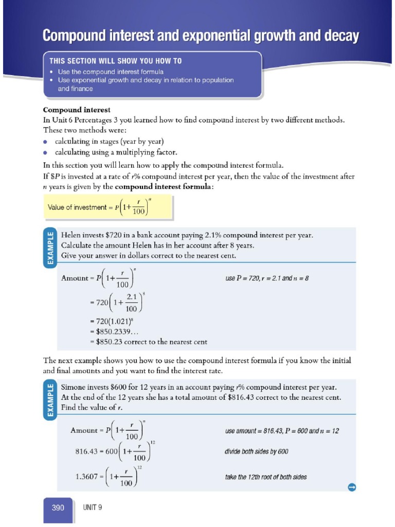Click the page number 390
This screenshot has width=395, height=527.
(58, 507)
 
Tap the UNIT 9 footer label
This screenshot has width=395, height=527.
(93, 507)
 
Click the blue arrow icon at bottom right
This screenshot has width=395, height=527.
(352, 487)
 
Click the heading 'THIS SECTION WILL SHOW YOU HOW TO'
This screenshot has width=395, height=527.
(115, 61)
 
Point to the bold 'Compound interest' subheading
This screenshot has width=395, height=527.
(77, 110)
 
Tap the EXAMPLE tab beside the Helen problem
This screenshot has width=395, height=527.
(50, 249)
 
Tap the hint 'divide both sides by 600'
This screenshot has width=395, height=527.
(257, 451)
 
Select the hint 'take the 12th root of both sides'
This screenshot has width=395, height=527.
(266, 477)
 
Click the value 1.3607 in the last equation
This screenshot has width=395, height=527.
(87, 476)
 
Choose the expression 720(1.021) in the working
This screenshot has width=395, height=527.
(113, 323)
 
